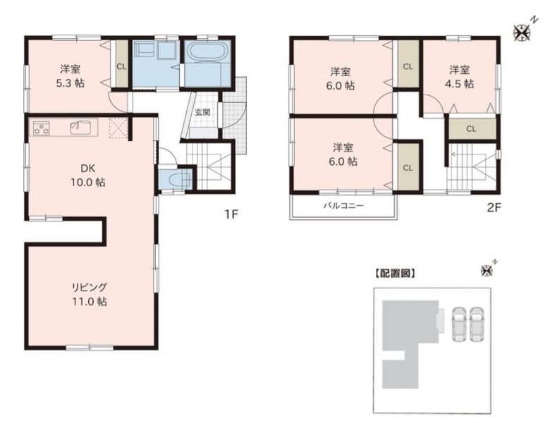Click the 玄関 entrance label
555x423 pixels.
(x=203, y=113)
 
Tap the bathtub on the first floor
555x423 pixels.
(x=207, y=52)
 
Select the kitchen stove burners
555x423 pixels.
(x=42, y=128)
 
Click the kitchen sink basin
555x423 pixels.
(x=80, y=127)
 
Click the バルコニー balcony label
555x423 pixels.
(x=343, y=206)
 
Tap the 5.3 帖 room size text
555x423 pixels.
(x=70, y=83)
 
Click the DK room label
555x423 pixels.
(x=87, y=168)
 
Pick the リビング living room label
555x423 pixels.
(x=89, y=287)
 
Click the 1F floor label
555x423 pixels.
(x=231, y=214)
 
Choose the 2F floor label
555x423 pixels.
(x=494, y=207)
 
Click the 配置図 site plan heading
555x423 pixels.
(x=395, y=274)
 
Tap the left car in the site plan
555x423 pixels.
(x=459, y=324)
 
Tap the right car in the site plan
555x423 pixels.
(x=477, y=324)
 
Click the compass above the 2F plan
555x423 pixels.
(x=522, y=32)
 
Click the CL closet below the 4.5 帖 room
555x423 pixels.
(x=471, y=129)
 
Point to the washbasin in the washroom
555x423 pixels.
(x=165, y=51)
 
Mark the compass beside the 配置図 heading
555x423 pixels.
(x=488, y=270)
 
